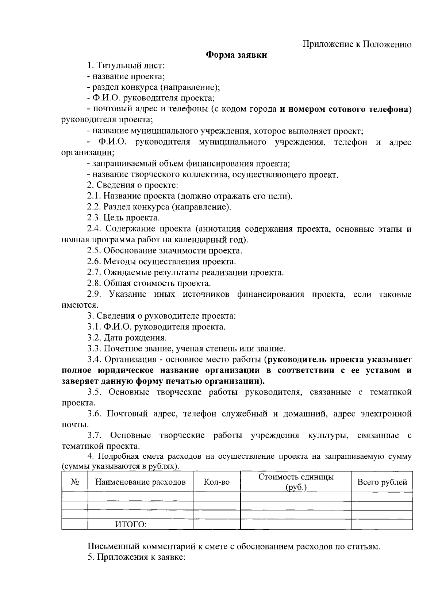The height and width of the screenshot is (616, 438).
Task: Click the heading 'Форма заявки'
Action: [236, 55]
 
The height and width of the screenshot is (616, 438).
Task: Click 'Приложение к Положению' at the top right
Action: [357, 44]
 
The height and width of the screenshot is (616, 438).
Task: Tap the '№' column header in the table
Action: [74, 482]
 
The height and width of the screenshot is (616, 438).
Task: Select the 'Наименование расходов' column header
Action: [140, 482]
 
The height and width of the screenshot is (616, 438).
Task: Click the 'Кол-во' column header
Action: [216, 482]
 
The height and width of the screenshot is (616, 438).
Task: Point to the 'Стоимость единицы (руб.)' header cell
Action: [296, 482]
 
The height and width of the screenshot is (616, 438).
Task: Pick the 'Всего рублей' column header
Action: [382, 482]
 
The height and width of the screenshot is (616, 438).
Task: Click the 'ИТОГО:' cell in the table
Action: [131, 525]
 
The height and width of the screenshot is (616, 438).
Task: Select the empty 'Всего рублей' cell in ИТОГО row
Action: [382, 525]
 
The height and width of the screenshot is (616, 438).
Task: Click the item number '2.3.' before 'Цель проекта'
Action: [94, 218]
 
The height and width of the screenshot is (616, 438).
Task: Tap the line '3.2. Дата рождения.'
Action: [127, 338]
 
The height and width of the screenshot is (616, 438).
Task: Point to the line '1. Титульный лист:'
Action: [126, 66]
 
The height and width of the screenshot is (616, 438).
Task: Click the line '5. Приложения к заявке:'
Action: [137, 558]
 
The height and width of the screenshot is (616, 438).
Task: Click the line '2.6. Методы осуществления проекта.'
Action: [161, 262]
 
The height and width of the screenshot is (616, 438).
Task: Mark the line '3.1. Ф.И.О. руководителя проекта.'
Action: [156, 327]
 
